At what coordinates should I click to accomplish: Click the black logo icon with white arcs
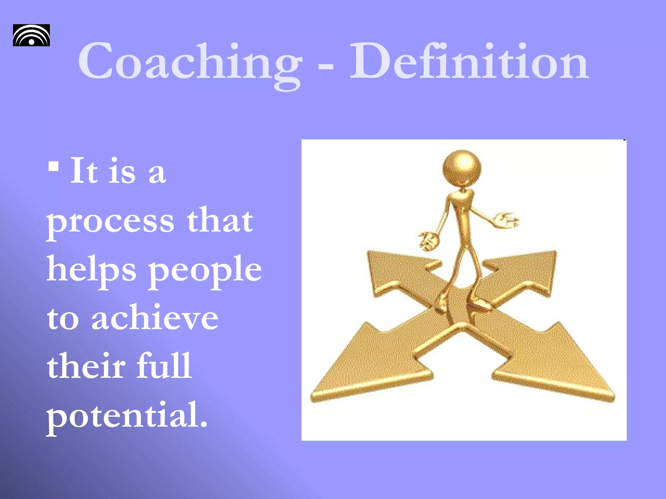pos(31,35)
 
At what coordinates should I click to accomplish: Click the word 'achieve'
pos(155,318)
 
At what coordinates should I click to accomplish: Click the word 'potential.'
pos(127,416)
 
